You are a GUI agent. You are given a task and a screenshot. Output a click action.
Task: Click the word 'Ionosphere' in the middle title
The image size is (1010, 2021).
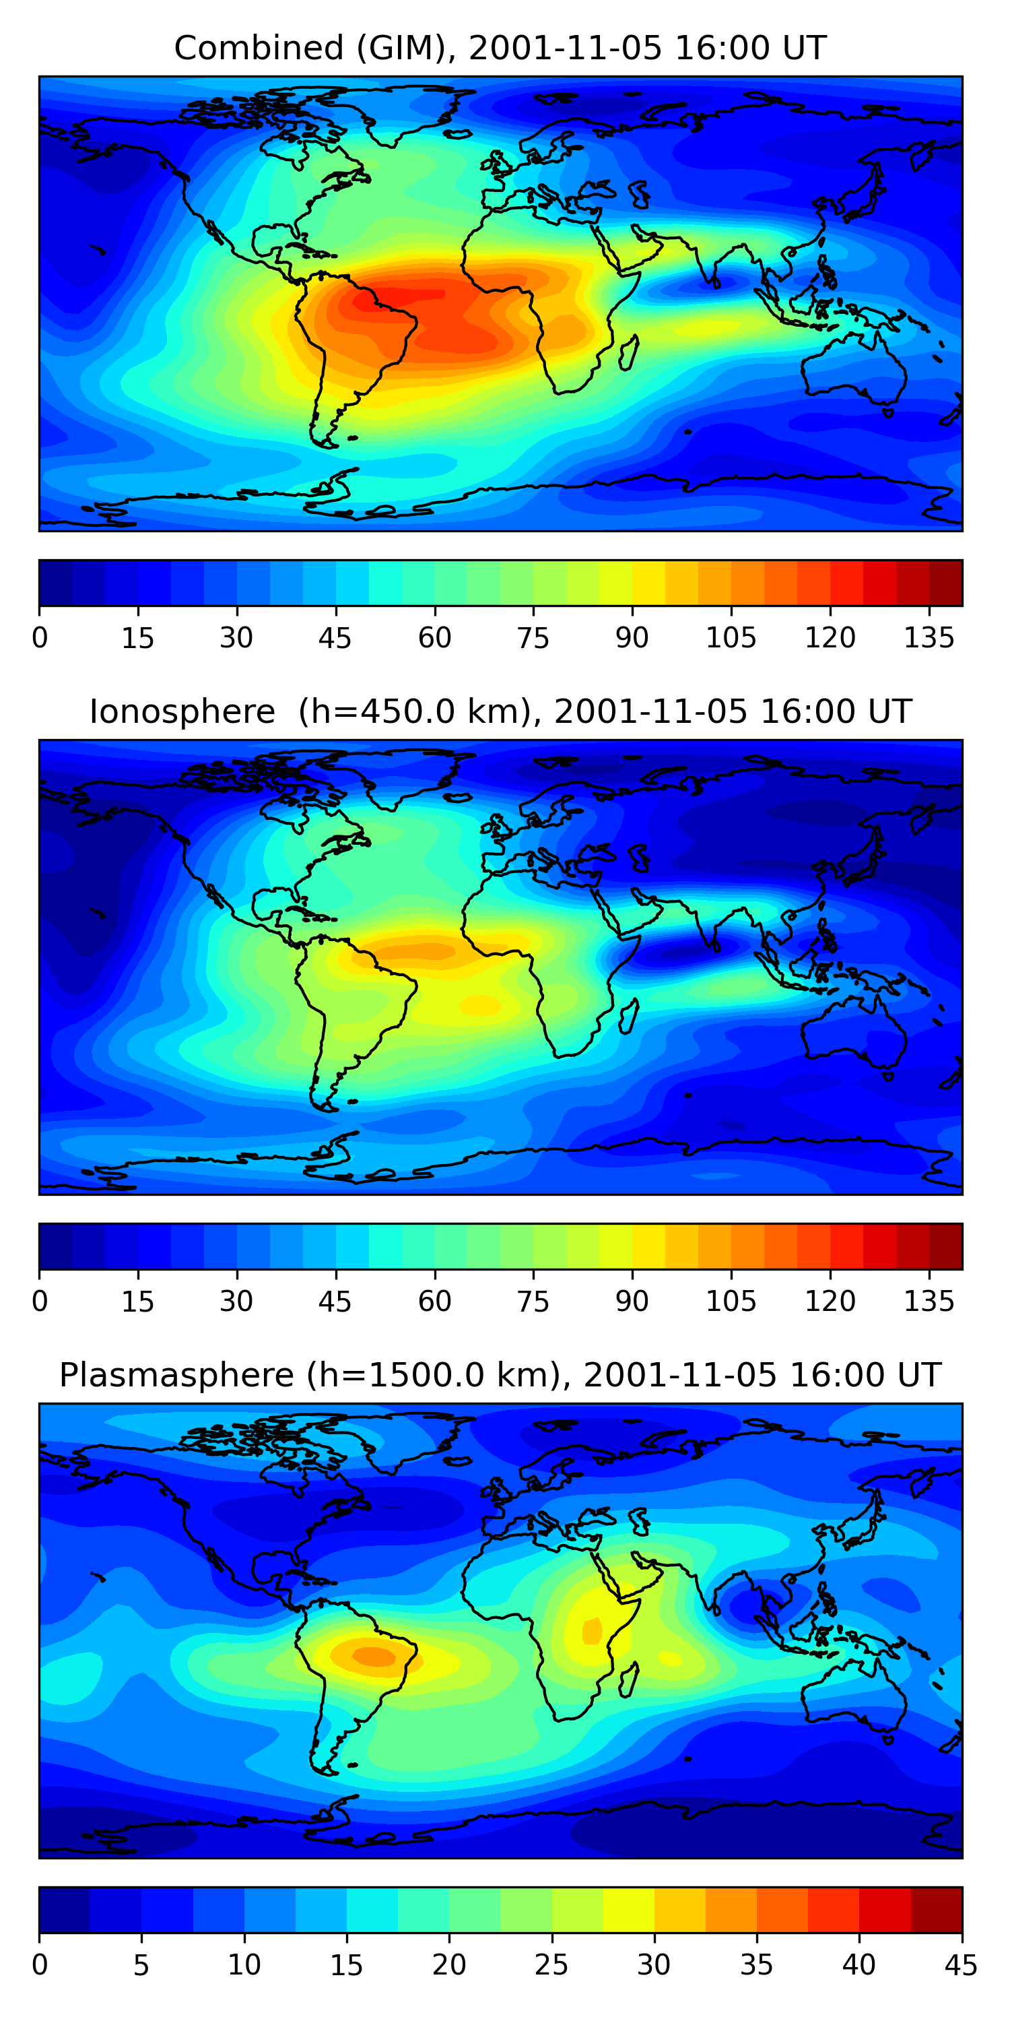click(x=182, y=711)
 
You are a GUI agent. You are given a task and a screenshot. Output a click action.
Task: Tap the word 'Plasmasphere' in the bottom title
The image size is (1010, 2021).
click(x=176, y=1376)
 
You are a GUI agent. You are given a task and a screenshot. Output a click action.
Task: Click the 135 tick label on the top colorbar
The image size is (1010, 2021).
click(x=929, y=638)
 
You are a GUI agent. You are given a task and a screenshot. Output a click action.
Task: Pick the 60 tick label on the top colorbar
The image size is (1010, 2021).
click(x=434, y=638)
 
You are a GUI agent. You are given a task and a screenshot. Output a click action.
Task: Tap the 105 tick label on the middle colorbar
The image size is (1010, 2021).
click(x=731, y=1302)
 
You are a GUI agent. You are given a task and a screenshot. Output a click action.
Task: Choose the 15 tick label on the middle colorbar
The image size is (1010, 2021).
click(x=138, y=1302)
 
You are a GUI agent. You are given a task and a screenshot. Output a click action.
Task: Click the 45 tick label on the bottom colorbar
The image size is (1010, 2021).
click(x=962, y=1964)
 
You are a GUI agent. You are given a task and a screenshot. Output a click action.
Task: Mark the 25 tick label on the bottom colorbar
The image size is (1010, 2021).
click(x=551, y=1964)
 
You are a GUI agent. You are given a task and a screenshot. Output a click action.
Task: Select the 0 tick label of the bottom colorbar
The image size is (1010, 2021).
click(x=40, y=1964)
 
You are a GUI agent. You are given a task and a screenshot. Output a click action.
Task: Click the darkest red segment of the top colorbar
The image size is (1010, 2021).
click(x=946, y=583)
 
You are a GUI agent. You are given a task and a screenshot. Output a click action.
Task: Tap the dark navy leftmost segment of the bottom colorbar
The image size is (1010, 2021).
click(x=64, y=1910)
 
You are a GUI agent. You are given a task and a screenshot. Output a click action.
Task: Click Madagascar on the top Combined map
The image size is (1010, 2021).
click(x=628, y=354)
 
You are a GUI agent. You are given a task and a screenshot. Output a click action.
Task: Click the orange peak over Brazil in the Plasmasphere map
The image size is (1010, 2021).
click(x=374, y=1655)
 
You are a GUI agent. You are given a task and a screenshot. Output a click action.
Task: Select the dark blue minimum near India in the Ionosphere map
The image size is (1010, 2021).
click(x=675, y=953)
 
